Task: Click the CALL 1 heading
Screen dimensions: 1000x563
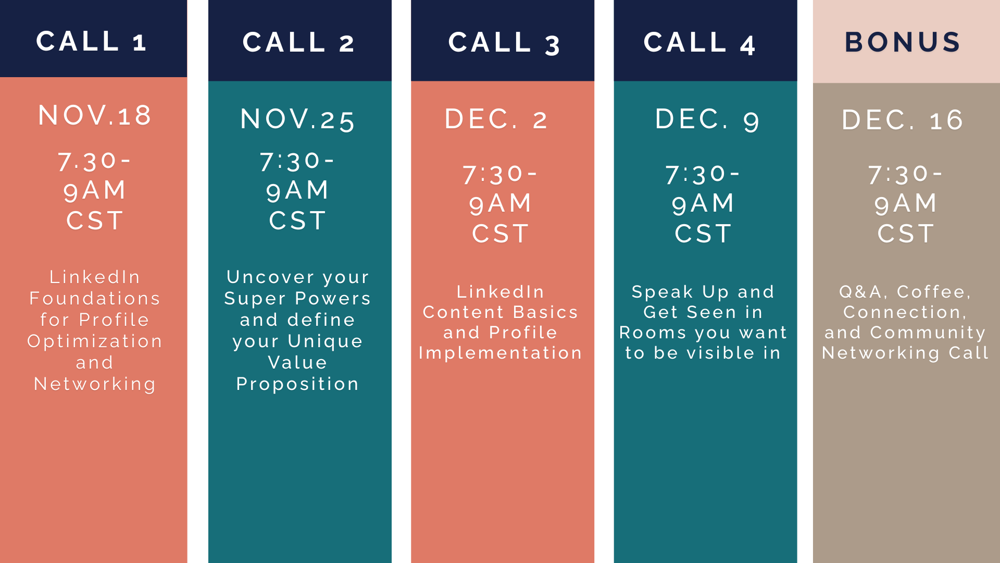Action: pyautogui.click(x=91, y=41)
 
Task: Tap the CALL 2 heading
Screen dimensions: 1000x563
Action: pyautogui.click(x=298, y=42)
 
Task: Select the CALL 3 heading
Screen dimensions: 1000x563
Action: pyautogui.click(x=504, y=43)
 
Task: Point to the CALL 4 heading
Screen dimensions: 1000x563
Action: pyautogui.click(x=699, y=43)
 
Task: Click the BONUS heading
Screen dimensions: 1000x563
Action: pyautogui.click(x=903, y=42)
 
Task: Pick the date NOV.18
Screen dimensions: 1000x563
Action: pyautogui.click(x=95, y=115)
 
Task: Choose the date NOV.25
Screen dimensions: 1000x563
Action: pyautogui.click(x=298, y=119)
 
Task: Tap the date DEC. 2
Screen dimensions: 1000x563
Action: pyautogui.click(x=496, y=119)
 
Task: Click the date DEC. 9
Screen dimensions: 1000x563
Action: pyautogui.click(x=707, y=119)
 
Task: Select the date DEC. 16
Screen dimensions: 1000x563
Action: pyautogui.click(x=903, y=120)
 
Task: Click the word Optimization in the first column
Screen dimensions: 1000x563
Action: pyautogui.click(x=95, y=341)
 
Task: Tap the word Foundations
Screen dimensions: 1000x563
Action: pyautogui.click(x=95, y=298)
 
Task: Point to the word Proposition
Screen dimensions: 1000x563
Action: pyautogui.click(x=297, y=384)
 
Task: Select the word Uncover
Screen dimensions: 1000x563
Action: pyautogui.click(x=271, y=277)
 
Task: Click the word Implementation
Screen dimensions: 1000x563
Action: pyautogui.click(x=501, y=353)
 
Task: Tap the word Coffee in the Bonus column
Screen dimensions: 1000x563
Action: pyautogui.click(x=933, y=292)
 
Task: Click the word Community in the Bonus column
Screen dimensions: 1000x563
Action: pyautogui.click(x=928, y=333)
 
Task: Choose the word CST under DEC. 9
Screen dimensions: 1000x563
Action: pyautogui.click(x=703, y=234)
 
